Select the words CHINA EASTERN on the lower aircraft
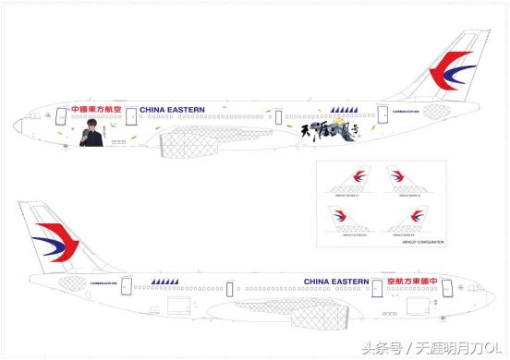(x=336, y=281)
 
